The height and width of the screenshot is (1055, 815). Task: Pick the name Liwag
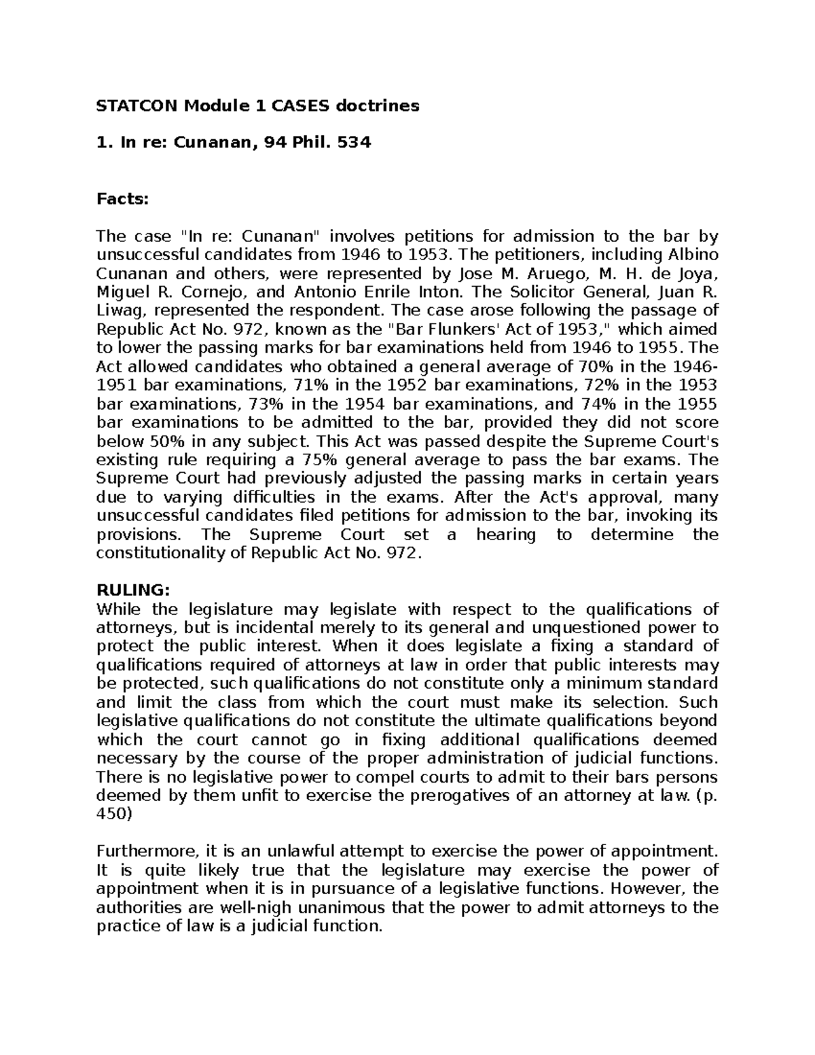pyautogui.click(x=120, y=311)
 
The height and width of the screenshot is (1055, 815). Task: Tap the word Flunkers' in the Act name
pyautogui.click(x=450, y=330)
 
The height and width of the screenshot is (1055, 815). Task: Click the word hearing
pyautogui.click(x=505, y=535)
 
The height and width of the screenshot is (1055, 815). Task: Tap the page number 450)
pyautogui.click(x=115, y=814)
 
